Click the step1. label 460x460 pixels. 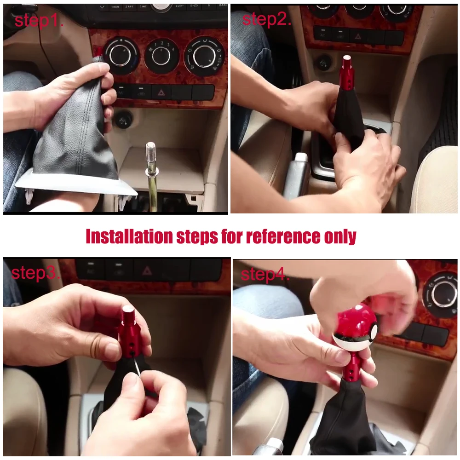39,21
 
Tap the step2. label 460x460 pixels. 266,19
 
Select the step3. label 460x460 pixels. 36,273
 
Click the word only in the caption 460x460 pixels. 340,236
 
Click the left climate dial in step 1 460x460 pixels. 121,56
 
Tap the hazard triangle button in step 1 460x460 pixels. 161,92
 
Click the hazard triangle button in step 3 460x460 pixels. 147,270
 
